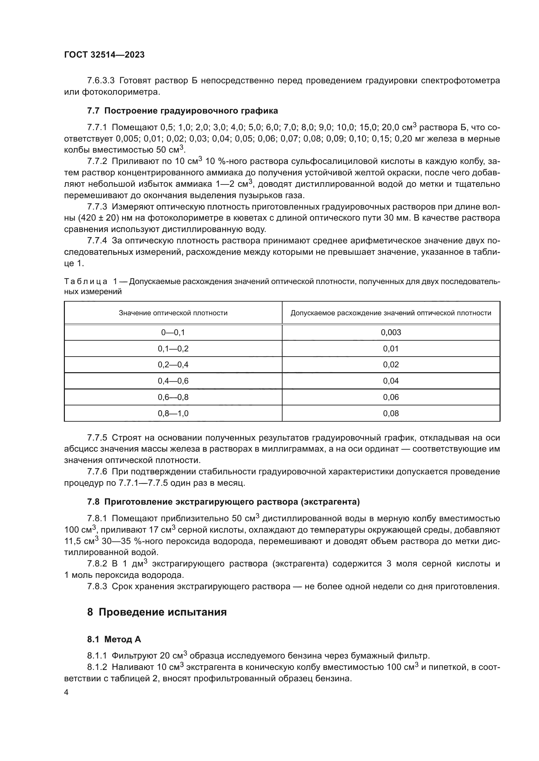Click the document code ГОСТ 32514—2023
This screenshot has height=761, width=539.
pos(104,55)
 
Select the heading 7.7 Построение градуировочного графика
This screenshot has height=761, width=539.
pos(182,111)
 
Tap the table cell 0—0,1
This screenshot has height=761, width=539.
pos(173,333)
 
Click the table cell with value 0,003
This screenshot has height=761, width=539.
pos(391,333)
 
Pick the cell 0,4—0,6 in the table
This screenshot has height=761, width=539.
pos(173,381)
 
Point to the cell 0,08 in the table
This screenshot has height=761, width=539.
pos(391,413)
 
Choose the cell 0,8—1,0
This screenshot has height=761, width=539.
pos(173,413)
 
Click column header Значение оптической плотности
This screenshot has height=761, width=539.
pos(173,313)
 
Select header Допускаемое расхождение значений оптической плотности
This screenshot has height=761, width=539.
pos(391,313)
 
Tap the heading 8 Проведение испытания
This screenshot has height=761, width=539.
pos(157,612)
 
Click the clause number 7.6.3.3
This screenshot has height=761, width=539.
pos(101,81)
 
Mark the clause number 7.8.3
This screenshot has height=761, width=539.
pos(97,586)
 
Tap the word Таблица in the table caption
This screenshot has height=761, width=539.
pos(86,282)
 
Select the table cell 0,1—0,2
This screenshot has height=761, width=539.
pos(173,349)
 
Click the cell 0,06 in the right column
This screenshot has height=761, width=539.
pos(391,397)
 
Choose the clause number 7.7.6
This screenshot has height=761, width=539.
pos(97,472)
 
